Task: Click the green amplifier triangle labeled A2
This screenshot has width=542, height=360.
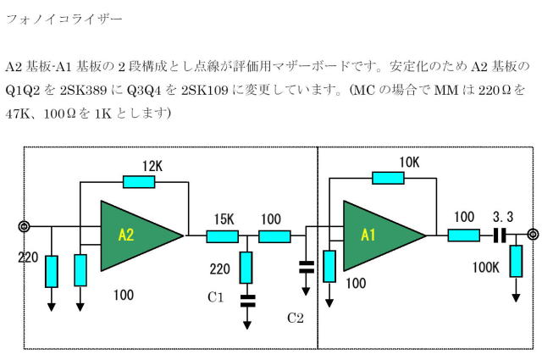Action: (135, 235)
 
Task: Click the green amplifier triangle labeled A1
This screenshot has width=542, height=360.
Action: (378, 235)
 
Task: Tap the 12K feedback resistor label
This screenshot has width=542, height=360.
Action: (152, 166)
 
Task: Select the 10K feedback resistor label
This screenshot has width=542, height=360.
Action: (409, 162)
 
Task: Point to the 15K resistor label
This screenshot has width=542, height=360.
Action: (224, 219)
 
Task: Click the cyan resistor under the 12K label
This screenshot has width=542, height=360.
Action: (139, 182)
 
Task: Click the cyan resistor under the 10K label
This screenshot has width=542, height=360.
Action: (388, 178)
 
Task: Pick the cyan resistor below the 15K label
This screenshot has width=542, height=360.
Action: (222, 236)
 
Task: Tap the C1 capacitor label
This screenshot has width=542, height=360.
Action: (216, 297)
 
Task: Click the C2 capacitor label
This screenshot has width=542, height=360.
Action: (296, 318)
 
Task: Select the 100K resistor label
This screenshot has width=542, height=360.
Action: (486, 268)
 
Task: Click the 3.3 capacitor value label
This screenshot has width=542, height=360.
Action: (503, 217)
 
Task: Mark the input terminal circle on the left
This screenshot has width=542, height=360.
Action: (24, 227)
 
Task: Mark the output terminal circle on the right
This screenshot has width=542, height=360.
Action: (534, 235)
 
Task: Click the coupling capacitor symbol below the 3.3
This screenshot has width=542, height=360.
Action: (500, 235)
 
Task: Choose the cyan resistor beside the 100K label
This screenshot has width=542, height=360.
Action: (516, 261)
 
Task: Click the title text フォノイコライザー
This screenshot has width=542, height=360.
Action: (64, 19)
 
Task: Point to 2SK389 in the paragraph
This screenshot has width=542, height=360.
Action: (83, 91)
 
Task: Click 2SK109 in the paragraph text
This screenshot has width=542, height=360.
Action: (205, 91)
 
